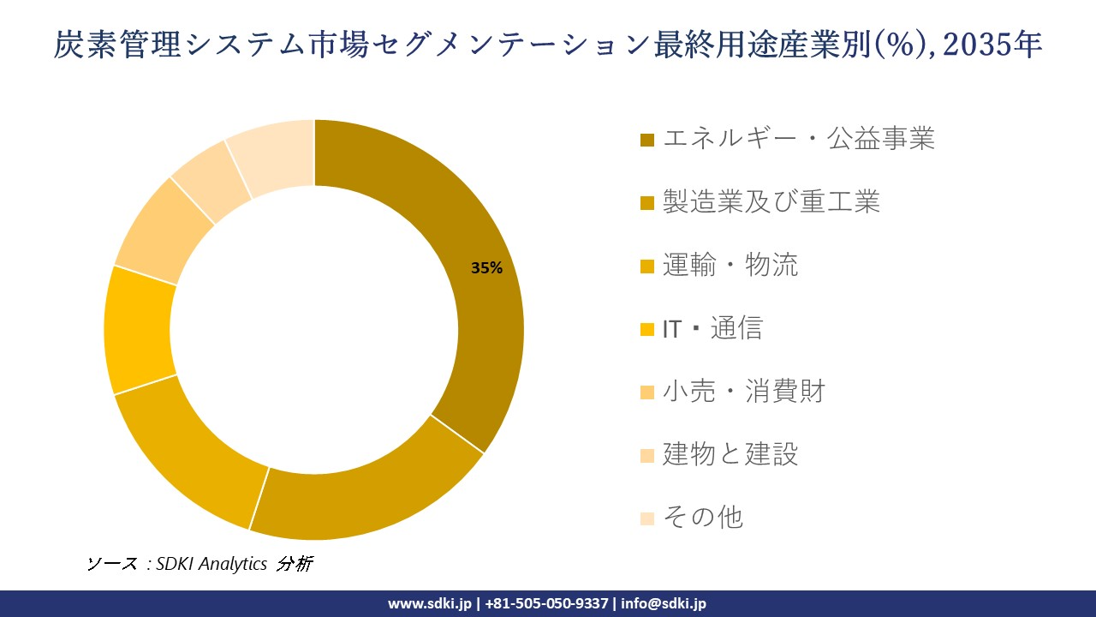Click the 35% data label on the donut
(486, 268)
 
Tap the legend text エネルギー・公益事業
(798, 139)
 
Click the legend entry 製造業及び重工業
(771, 202)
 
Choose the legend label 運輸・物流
(730, 266)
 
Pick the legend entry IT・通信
(712, 328)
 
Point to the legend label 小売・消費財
(743, 392)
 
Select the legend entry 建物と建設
(730, 454)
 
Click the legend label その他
(702, 518)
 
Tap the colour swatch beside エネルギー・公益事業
(647, 140)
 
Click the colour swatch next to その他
(647, 518)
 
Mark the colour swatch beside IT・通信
(647, 329)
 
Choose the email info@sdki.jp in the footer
(664, 603)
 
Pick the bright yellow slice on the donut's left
(139, 330)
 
